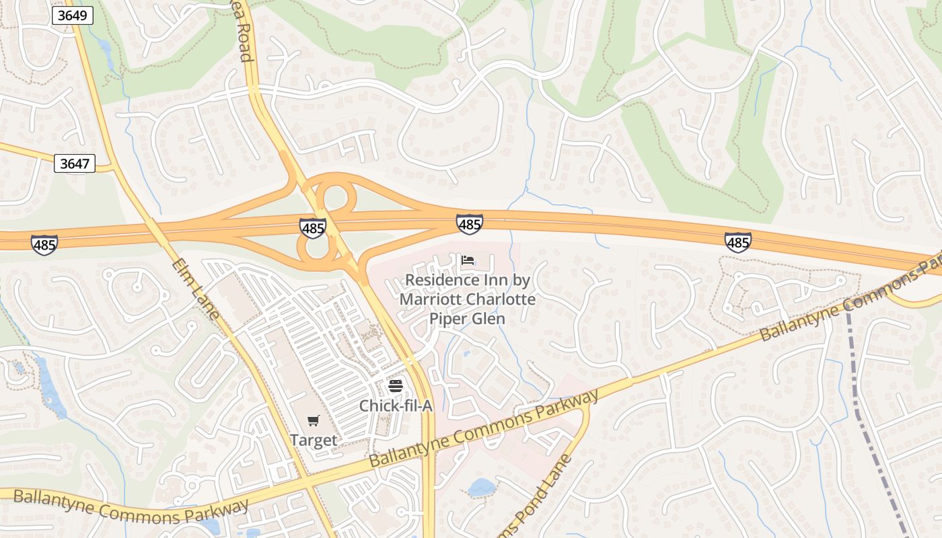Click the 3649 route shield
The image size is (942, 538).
[x=72, y=15]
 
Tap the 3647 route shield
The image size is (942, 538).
[x=75, y=163]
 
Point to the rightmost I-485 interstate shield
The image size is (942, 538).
[x=737, y=242]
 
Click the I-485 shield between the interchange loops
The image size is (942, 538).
[x=313, y=229]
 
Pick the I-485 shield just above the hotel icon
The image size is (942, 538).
[x=469, y=224]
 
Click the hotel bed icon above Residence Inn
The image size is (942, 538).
[x=468, y=260]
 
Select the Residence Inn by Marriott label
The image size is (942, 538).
[x=468, y=299]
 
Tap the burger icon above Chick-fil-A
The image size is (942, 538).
[x=395, y=387]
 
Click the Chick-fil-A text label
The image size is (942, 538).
[x=395, y=406]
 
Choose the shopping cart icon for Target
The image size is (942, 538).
[x=313, y=422]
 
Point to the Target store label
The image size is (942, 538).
[x=313, y=440]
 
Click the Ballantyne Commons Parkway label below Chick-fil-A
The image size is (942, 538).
[x=484, y=428]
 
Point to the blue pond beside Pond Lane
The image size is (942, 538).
[x=482, y=487]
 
